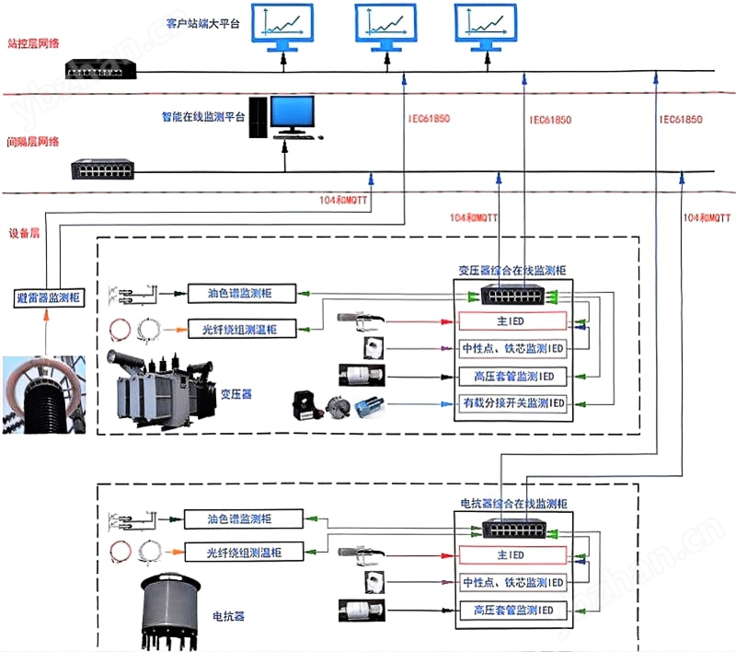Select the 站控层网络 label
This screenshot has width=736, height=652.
click(33, 43)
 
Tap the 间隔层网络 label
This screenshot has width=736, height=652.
click(33, 142)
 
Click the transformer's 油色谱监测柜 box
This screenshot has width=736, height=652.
click(242, 294)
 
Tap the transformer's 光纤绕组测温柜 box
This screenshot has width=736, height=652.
click(242, 328)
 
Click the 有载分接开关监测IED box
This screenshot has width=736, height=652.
click(512, 403)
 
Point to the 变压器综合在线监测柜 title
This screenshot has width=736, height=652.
click(512, 271)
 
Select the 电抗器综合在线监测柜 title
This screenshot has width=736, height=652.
click(513, 504)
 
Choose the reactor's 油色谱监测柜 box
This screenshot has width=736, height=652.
click(242, 518)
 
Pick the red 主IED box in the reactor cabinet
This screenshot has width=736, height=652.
click(512, 555)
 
